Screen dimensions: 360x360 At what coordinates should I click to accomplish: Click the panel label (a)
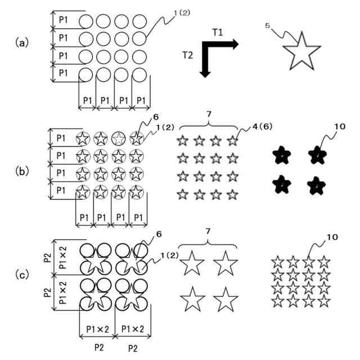22,42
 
